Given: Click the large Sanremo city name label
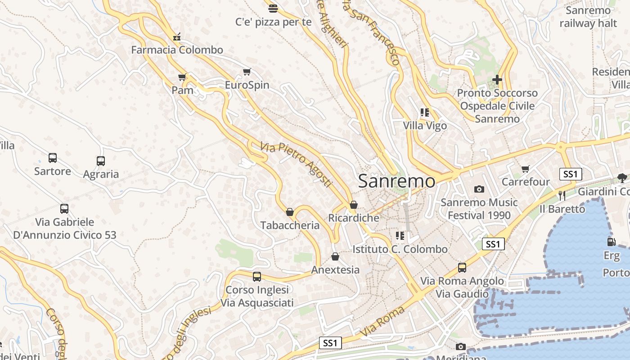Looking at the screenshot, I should tap(396, 181).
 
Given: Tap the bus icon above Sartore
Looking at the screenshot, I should tap(53, 158).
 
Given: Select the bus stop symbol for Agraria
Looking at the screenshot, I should tap(101, 161).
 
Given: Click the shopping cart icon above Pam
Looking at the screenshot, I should tap(182, 77).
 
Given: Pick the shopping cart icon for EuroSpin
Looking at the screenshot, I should tap(247, 72).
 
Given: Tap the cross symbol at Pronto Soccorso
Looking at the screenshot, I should tap(497, 80).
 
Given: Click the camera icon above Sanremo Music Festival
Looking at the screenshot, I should tap(479, 189).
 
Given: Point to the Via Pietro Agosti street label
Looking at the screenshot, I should tap(296, 165).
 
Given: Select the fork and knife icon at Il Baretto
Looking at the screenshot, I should tap(562, 196).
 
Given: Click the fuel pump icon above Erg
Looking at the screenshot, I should tap(611, 242).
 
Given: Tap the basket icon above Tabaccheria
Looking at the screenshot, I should tap(290, 212).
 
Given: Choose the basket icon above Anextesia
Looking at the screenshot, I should tap(335, 256).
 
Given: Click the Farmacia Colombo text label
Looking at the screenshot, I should tap(177, 50).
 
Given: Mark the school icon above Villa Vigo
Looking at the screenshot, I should tap(424, 112).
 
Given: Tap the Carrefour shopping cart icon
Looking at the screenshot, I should tap(525, 169).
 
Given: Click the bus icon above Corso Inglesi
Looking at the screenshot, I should tap(256, 277).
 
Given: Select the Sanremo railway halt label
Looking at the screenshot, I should tap(588, 17).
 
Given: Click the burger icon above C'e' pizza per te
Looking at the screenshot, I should tap(273, 8).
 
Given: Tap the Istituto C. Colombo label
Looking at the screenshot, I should tap(400, 249).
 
